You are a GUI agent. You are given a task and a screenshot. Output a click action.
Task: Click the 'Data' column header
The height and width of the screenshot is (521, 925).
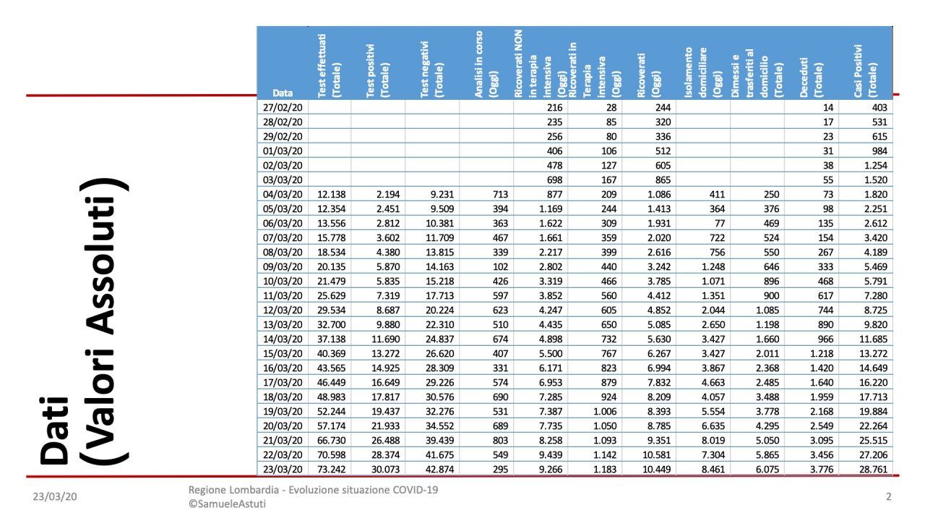pyautogui.click(x=283, y=93)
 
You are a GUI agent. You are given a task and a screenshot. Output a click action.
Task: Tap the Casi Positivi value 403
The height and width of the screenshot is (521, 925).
pyautogui.click(x=876, y=107)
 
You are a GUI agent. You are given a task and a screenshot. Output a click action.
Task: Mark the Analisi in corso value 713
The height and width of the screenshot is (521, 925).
pyautogui.click(x=499, y=194)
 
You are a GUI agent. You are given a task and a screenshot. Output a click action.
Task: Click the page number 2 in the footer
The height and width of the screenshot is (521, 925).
pyautogui.click(x=888, y=497)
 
